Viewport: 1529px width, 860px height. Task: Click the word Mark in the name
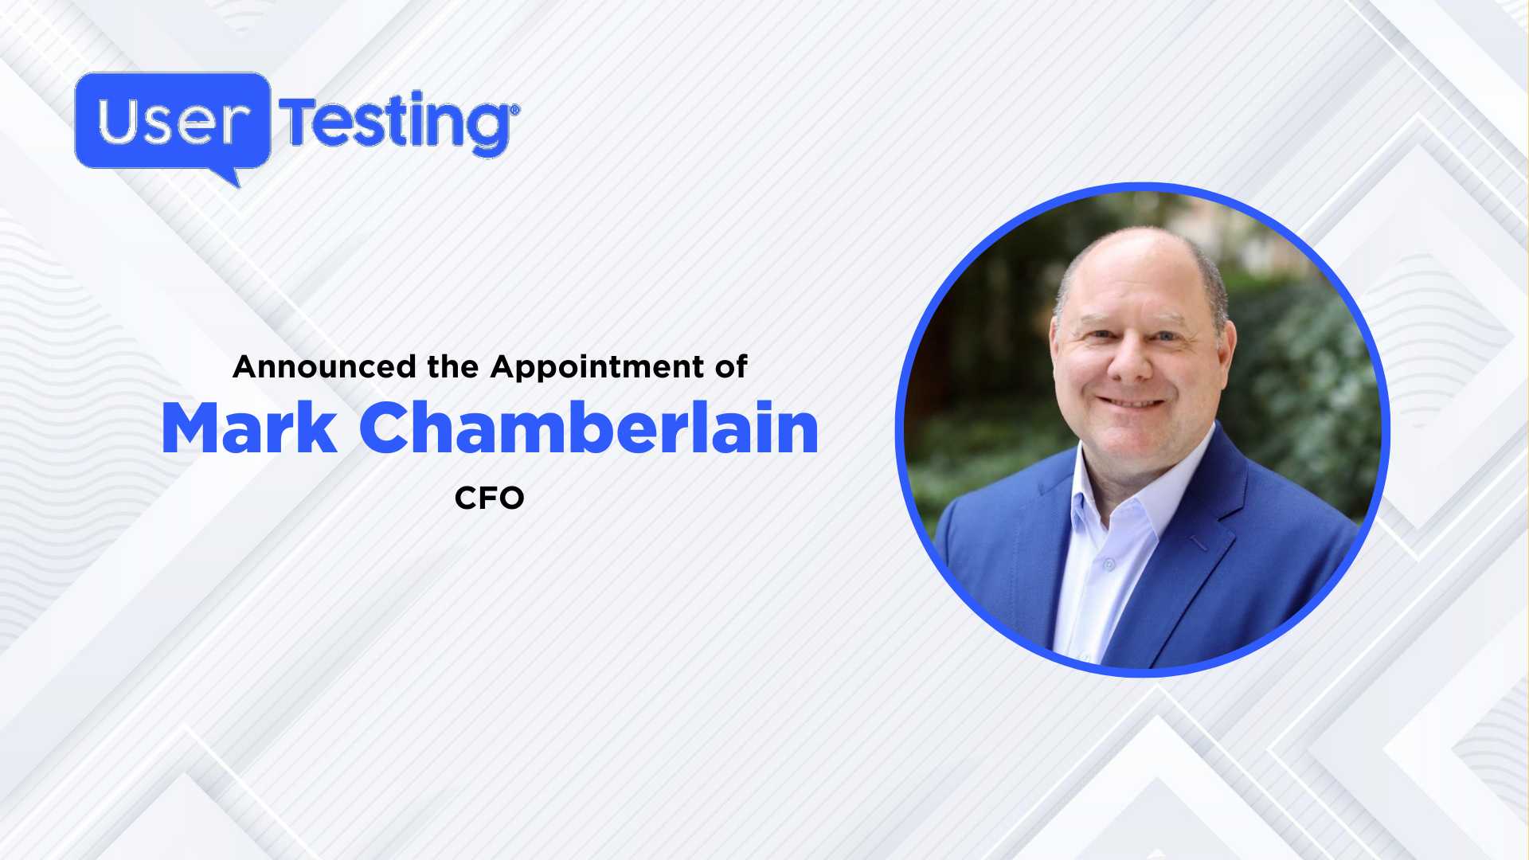click(x=248, y=429)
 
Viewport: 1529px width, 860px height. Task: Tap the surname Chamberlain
click(x=589, y=429)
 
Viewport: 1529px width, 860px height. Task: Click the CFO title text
click(x=489, y=498)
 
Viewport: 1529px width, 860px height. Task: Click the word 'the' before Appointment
click(x=452, y=367)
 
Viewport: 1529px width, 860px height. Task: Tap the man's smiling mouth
click(x=1132, y=403)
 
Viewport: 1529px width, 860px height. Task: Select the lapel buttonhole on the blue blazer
click(x=1199, y=544)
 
